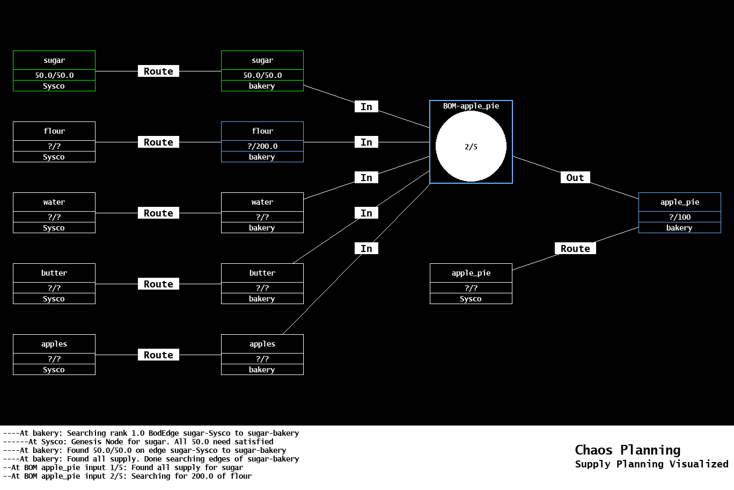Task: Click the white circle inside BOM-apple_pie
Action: coord(471,146)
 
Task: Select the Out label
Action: coord(575,178)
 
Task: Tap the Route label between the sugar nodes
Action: coord(158,71)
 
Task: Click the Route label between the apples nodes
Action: coord(158,355)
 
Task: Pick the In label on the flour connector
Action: coord(366,142)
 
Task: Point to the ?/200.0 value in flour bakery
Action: coord(262,146)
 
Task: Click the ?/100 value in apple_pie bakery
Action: coord(679,217)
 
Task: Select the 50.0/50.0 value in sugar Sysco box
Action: coord(54,75)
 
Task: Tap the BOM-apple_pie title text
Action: coord(471,106)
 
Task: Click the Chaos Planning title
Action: coord(627,450)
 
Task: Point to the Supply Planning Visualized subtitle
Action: coord(651,464)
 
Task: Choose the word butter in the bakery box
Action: coord(262,273)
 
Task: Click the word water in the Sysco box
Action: coord(54,202)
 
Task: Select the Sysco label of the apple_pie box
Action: coord(471,299)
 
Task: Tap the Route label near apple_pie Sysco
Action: coord(575,249)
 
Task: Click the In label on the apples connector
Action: coord(366,249)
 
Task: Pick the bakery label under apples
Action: coord(262,370)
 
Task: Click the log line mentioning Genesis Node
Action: coord(151,442)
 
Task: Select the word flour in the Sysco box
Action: coord(54,131)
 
